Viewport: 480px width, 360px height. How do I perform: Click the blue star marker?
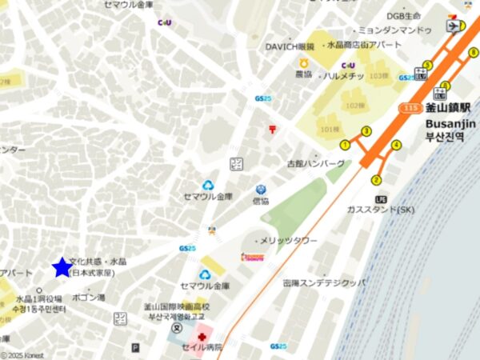pos(62,267)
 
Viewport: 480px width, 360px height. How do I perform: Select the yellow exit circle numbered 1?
pos(345,145)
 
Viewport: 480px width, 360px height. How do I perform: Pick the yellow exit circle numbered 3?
pos(366,131)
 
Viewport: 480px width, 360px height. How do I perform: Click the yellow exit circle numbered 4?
pos(396,145)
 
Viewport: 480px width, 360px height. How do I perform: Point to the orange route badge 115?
pos(412,107)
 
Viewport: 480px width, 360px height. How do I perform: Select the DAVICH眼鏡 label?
pos(290,47)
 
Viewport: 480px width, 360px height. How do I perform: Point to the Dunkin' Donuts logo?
pos(253,258)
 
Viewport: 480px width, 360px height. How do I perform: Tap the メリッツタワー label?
pos(289,241)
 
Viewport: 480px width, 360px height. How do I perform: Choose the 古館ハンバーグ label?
pos(317,163)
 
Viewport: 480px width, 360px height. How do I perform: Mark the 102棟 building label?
pos(354,105)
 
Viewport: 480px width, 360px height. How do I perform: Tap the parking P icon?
pos(135,348)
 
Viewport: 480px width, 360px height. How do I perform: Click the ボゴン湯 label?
pos(88,298)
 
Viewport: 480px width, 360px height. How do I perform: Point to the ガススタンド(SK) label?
pos(382,210)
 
